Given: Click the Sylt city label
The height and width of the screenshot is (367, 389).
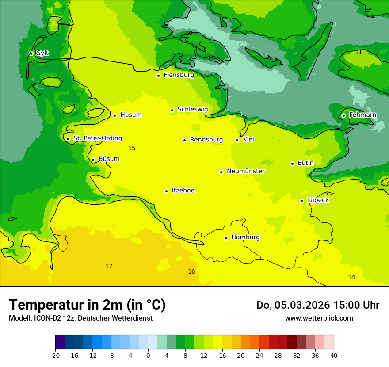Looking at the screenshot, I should pyautogui.click(x=42, y=53).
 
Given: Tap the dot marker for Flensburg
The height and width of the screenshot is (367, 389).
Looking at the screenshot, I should pyautogui.click(x=158, y=76).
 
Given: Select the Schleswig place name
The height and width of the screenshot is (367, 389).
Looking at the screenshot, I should pyautogui.click(x=192, y=109).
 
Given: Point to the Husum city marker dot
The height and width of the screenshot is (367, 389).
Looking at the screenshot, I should pyautogui.click(x=114, y=115).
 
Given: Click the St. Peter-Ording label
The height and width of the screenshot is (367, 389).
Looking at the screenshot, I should pyautogui.click(x=98, y=138).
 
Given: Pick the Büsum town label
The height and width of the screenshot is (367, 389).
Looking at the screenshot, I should pyautogui.click(x=109, y=159).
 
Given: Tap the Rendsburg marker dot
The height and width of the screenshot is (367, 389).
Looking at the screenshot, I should pyautogui.click(x=184, y=140).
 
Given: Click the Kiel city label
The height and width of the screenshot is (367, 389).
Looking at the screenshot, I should pyautogui.click(x=248, y=140).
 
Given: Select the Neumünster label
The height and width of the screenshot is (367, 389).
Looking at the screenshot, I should pyautogui.click(x=246, y=171).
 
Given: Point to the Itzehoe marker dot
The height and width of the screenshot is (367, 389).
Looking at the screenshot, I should pyautogui.click(x=166, y=191).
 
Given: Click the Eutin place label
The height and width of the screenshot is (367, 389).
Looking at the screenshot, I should pyautogui.click(x=305, y=163).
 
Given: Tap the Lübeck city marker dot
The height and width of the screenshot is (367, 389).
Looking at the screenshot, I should pyautogui.click(x=301, y=201).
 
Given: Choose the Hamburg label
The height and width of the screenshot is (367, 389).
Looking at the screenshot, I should pyautogui.click(x=245, y=237).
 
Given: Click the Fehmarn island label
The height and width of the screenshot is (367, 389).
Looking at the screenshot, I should pyautogui.click(x=362, y=115).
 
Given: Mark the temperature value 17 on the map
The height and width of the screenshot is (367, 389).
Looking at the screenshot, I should pyautogui.click(x=109, y=266).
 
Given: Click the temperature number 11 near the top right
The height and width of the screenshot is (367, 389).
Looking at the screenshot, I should pyautogui.click(x=358, y=52).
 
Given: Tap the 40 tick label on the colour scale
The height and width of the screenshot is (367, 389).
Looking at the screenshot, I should pyautogui.click(x=333, y=355).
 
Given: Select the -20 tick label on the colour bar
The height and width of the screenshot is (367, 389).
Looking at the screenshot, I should pyautogui.click(x=55, y=355).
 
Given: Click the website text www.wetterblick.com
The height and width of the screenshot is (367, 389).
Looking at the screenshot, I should pyautogui.click(x=319, y=318).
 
